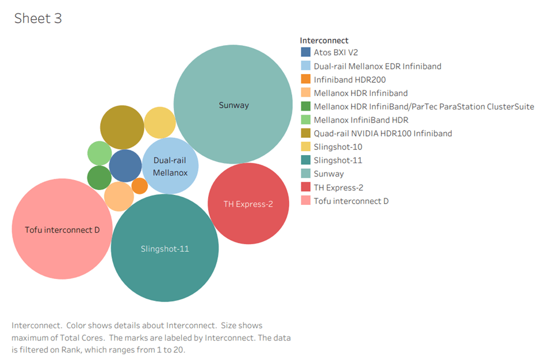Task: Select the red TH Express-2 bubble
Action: [248, 204]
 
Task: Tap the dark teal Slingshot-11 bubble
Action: [165, 248]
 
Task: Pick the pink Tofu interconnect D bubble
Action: [62, 230]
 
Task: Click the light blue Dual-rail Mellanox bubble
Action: [170, 166]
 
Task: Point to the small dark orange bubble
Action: [139, 186]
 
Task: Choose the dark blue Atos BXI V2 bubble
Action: [125, 166]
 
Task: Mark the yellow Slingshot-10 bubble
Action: [160, 123]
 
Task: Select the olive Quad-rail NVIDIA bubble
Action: [122, 127]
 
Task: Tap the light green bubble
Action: [99, 153]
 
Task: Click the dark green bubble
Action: [99, 178]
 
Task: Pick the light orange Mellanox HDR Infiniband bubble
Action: [119, 196]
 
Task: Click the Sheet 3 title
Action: [38, 19]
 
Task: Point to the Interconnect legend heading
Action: [324, 41]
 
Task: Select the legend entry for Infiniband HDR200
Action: [349, 79]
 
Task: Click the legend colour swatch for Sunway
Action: [306, 174]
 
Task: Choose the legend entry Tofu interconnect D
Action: [350, 201]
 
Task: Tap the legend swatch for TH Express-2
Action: [306, 188]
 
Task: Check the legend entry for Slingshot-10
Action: [338, 146]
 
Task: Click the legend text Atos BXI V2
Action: [335, 52]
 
